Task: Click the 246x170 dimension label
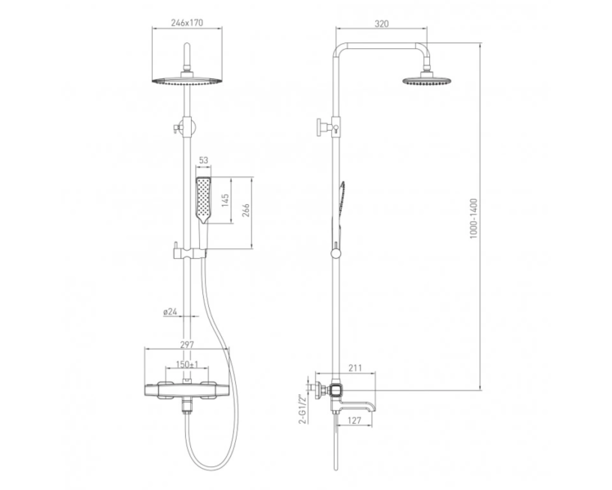point(187,23)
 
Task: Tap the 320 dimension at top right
point(381,24)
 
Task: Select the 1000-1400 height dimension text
point(473,218)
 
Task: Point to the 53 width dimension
point(203,160)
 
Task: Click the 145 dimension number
point(225,200)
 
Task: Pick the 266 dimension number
point(246,212)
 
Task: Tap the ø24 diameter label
point(171,311)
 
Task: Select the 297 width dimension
point(187,345)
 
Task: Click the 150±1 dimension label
point(187,364)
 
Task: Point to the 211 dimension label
point(355,367)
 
